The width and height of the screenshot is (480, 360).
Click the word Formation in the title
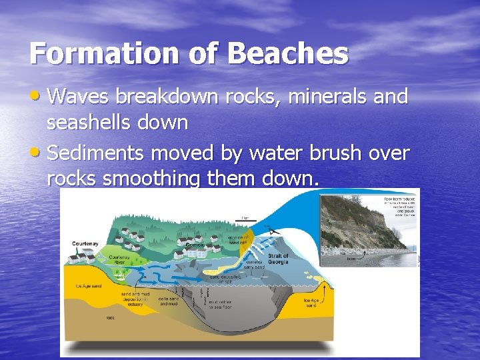tap(107, 53)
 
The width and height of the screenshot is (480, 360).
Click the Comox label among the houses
tap(196, 245)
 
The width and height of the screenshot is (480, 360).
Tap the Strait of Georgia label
tap(277, 259)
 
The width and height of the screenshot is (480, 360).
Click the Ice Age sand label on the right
tap(312, 303)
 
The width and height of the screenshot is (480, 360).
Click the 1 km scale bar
tap(245, 218)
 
